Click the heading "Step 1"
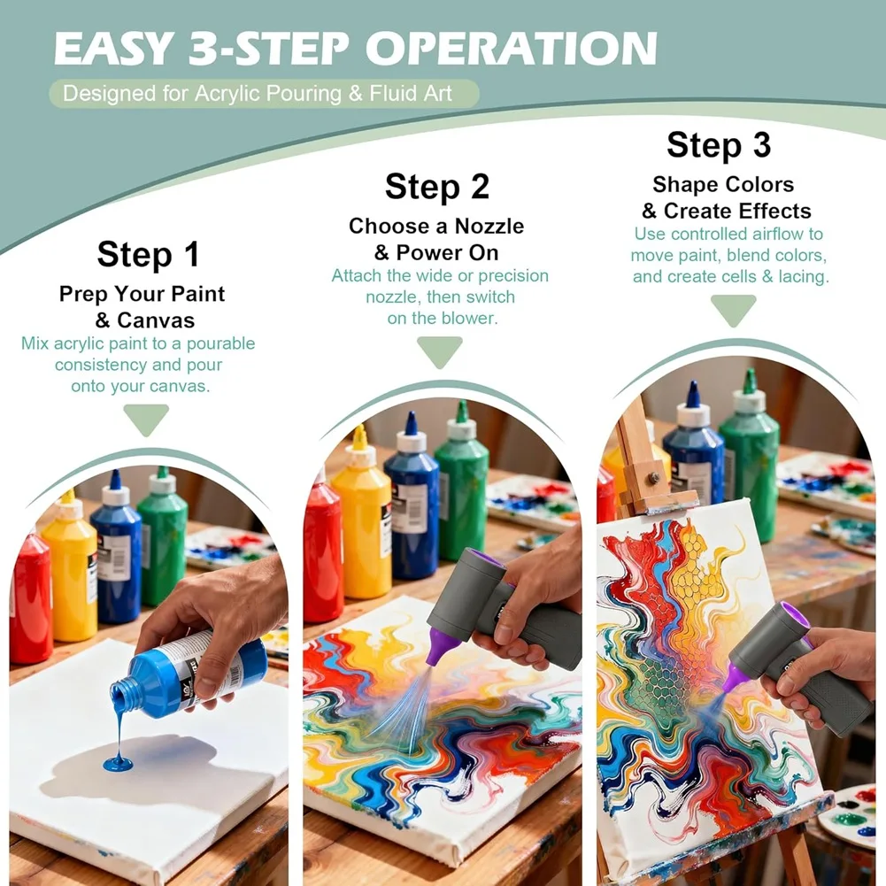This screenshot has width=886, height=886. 148,254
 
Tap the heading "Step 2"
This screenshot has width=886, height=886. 436,187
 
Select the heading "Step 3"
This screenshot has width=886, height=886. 719,144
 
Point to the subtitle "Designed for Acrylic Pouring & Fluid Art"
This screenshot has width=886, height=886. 257,93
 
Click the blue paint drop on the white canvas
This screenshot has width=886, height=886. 118,764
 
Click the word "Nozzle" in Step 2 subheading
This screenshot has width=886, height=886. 489,226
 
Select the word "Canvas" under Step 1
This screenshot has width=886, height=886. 156,320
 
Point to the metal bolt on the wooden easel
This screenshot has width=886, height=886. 654,478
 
